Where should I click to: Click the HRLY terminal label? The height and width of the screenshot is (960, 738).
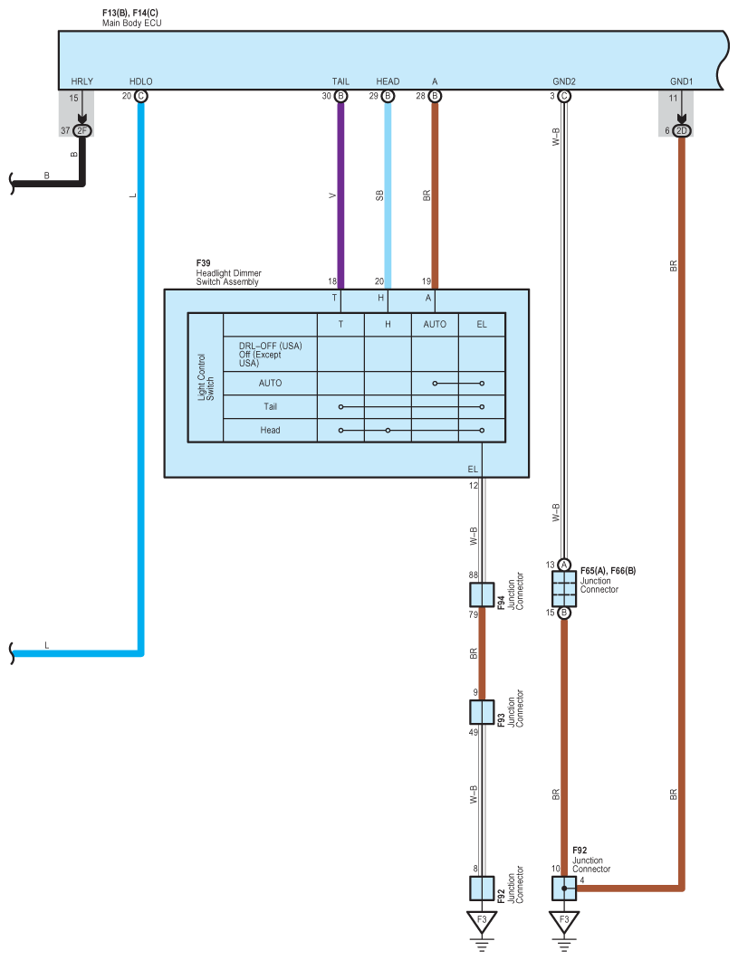[x=81, y=81]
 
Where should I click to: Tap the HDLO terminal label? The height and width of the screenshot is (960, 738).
[x=141, y=81]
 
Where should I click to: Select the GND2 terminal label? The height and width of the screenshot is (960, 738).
[x=564, y=81]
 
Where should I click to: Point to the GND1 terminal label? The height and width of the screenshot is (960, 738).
[x=680, y=81]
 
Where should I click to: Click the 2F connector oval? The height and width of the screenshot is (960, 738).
[x=82, y=131]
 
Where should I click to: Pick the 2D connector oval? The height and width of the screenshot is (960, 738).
[x=681, y=131]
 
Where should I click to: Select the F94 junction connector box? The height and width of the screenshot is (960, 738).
[x=482, y=594]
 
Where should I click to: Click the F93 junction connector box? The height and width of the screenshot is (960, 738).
[x=482, y=713]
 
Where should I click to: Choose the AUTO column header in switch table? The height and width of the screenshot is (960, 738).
[x=435, y=325]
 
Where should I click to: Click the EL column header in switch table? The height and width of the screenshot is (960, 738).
[x=482, y=325]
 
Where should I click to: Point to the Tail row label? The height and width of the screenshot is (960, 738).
[x=271, y=406]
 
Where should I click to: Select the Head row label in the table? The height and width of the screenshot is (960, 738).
[x=271, y=430]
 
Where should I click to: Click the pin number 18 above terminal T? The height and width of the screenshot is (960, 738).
[x=332, y=281]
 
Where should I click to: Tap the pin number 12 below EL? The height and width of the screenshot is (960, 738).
[x=473, y=486]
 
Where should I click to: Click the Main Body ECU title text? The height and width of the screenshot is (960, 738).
[x=135, y=20]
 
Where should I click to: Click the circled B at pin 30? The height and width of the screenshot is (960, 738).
[x=340, y=96]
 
